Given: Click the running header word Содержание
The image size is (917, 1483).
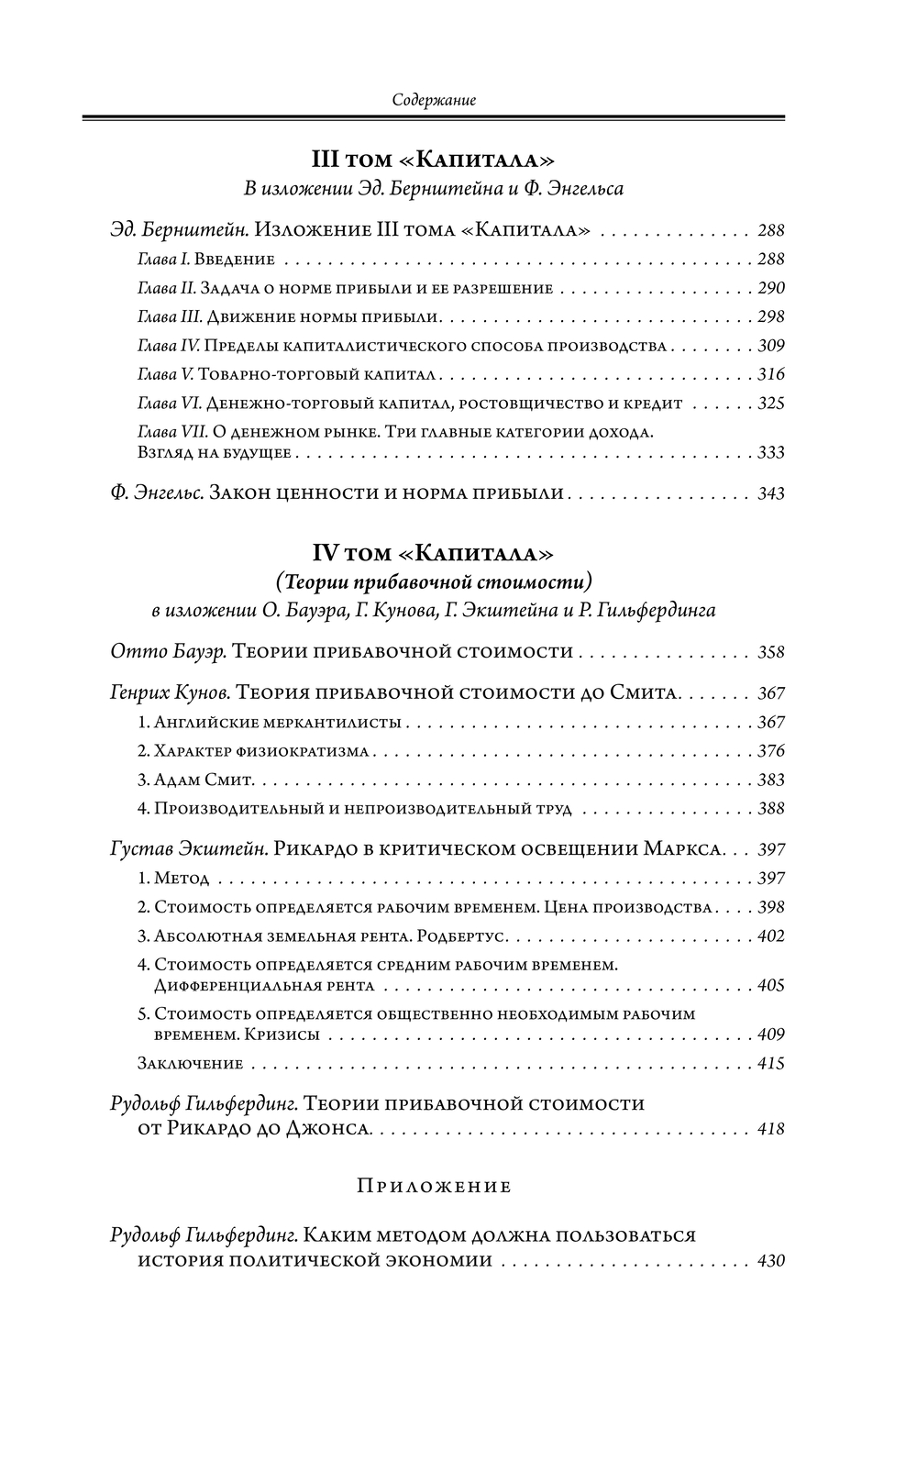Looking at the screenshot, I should click(433, 100).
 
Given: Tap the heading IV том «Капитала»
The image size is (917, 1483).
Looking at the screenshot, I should click(433, 553).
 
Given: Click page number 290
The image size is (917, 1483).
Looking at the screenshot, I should click(771, 288).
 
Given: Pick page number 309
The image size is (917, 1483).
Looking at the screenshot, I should click(771, 346).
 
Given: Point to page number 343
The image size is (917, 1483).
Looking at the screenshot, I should click(771, 493).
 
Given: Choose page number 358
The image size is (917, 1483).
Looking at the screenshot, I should click(771, 652).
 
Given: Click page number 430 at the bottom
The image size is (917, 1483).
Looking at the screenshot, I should click(771, 1260).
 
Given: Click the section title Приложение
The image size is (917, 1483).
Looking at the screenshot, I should click(433, 1186).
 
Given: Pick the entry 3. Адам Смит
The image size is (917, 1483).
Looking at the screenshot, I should click(195, 780).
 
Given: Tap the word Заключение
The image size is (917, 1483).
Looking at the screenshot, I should click(190, 1064).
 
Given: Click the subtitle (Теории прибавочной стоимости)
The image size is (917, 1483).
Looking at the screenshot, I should click(433, 581).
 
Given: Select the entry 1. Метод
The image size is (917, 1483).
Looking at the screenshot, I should click(173, 879).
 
